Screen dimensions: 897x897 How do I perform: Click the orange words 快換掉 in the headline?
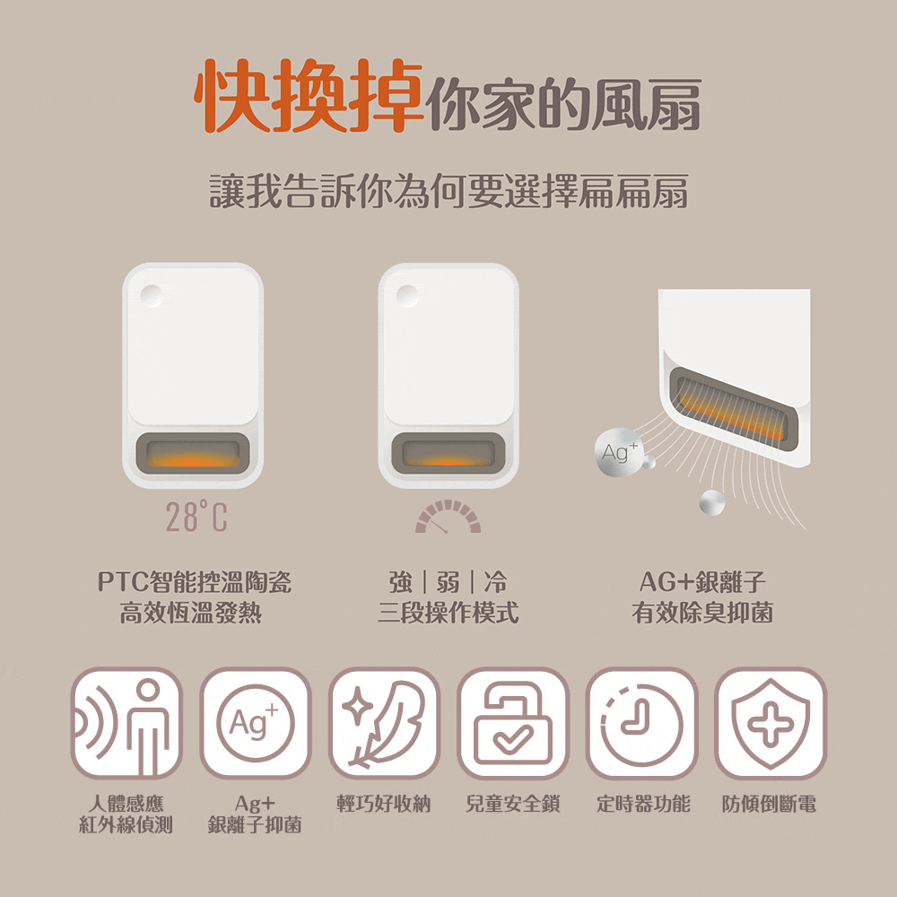[309, 96]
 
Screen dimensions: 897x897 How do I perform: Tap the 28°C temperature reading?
[196, 517]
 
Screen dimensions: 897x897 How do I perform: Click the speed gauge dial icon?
[448, 517]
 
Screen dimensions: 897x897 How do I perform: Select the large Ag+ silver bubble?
[617, 452]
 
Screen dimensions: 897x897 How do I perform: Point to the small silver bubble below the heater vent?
[712, 502]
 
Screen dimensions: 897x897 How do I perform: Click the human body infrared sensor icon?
[126, 723]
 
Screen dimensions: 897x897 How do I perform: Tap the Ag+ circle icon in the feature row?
[255, 723]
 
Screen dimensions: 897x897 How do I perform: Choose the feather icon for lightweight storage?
[384, 723]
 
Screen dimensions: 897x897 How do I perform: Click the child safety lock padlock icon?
[512, 723]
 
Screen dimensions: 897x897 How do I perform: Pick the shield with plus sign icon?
[771, 723]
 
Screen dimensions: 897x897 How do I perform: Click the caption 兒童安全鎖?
[512, 804]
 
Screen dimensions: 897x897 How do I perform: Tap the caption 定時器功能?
[643, 804]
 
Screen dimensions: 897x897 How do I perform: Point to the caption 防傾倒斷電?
[769, 804]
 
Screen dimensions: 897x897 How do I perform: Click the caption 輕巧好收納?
[383, 804]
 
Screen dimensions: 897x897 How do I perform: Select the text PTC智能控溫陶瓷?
[195, 582]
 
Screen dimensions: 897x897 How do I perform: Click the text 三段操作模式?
[448, 613]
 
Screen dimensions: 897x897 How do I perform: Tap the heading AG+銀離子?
[702, 582]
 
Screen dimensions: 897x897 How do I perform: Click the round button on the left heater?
[152, 295]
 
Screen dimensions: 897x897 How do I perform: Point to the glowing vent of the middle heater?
[448, 453]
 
